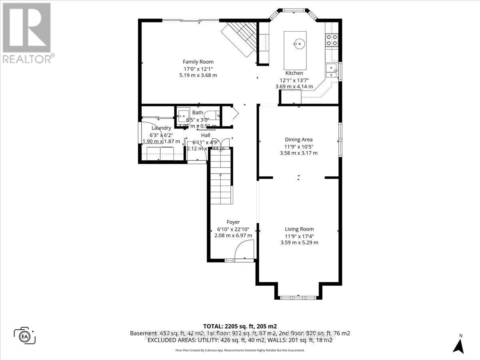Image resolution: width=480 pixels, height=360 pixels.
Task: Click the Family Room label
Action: click(x=198, y=62)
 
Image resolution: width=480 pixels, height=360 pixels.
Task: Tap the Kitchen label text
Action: click(x=294, y=73)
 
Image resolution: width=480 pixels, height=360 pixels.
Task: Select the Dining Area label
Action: click(x=298, y=140)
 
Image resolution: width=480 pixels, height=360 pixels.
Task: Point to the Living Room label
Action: click(x=299, y=229)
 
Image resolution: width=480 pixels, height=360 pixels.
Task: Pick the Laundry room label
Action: click(x=161, y=128)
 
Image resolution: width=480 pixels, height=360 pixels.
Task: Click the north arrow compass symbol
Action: click(x=460, y=344)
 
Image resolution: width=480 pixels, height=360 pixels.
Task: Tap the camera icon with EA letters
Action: click(x=25, y=335)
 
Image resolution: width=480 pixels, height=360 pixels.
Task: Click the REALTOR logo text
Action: click(x=27, y=59)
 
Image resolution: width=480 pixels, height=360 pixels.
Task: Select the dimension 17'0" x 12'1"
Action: click(x=198, y=69)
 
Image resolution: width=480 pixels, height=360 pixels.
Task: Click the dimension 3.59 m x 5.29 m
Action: click(x=299, y=242)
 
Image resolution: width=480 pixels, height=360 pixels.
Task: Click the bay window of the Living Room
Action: click(x=298, y=297)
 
